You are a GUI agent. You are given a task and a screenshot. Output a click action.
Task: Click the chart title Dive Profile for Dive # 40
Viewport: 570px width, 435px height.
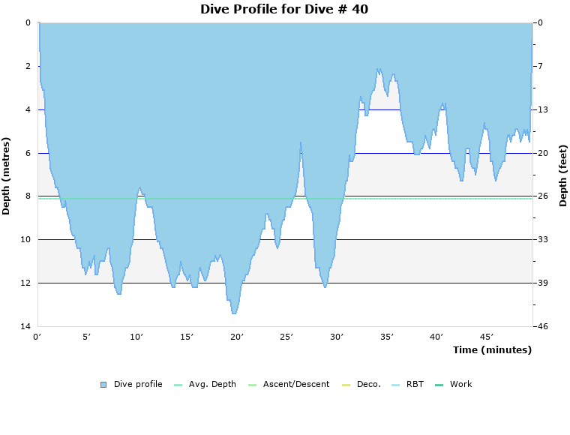pos(284,9)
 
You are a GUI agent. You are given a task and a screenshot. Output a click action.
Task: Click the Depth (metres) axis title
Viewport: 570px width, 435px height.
pos(7,175)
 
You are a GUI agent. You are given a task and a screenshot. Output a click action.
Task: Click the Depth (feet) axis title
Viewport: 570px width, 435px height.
pos(563,175)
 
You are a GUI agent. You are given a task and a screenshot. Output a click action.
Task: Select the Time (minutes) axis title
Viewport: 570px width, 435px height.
pos(492,349)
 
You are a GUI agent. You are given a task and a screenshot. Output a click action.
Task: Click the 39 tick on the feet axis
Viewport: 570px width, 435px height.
pos(542,283)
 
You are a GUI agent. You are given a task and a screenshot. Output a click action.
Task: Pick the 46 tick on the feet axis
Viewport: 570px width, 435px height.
pos(542,326)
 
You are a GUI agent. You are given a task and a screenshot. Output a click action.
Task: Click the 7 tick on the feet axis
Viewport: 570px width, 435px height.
pos(540,66)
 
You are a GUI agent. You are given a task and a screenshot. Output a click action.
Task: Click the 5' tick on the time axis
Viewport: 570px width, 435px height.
pos(87,337)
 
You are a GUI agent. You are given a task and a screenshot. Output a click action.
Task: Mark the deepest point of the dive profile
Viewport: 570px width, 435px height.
pos(234,313)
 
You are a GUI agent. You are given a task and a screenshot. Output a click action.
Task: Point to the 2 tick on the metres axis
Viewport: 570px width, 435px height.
pos(27,66)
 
